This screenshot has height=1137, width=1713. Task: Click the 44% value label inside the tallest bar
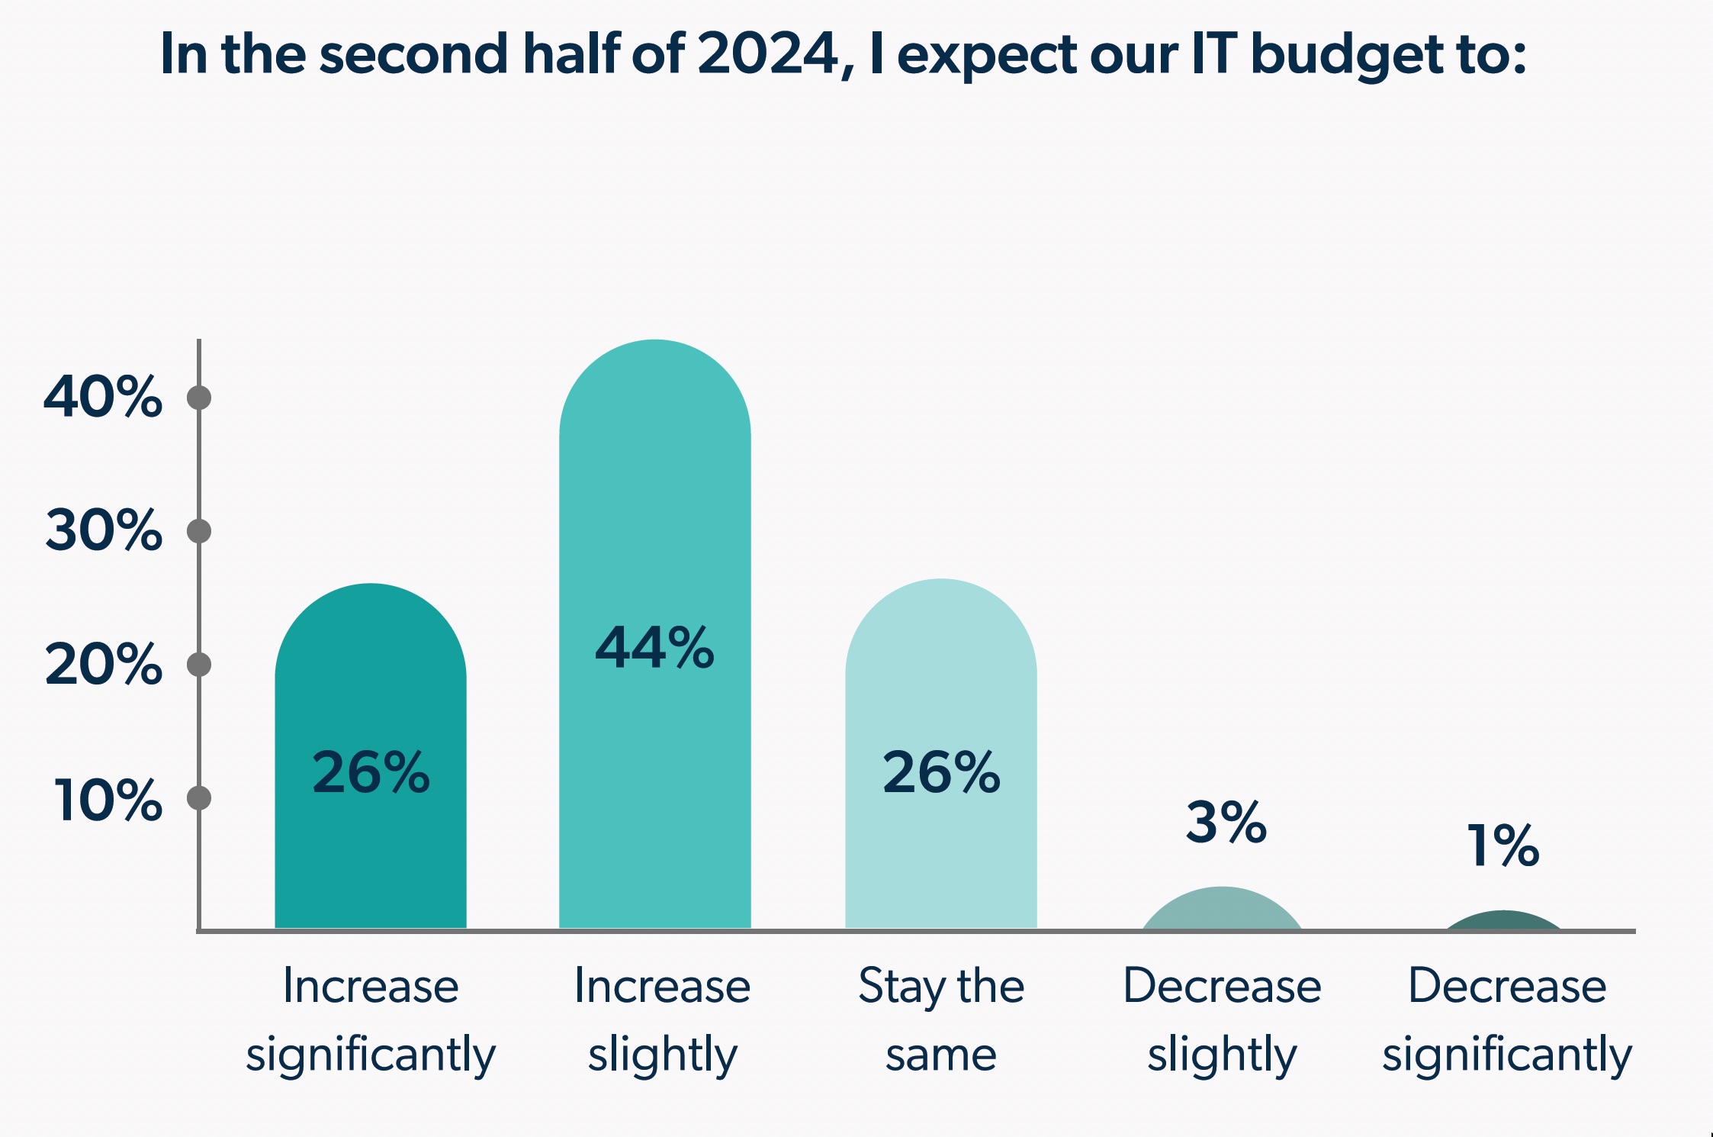click(x=654, y=648)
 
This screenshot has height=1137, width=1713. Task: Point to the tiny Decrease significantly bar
click(x=1503, y=921)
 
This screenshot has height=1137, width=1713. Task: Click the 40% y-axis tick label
click(x=103, y=398)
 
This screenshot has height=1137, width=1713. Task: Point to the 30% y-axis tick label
click(x=104, y=530)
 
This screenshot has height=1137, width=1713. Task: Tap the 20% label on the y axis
click(x=104, y=665)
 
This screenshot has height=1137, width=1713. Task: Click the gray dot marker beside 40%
click(x=199, y=398)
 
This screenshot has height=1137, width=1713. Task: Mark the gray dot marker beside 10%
click(x=199, y=798)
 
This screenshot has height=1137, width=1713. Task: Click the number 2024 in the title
click(x=767, y=54)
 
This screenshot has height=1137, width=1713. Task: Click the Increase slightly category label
click(x=662, y=1019)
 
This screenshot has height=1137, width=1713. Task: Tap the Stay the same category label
click(x=941, y=1019)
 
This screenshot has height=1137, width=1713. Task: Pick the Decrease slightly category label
click(x=1222, y=1019)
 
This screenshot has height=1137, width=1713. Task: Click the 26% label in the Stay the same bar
click(x=941, y=772)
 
